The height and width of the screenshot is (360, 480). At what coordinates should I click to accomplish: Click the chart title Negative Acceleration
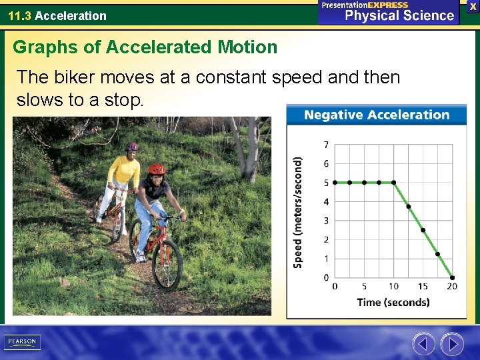click(x=377, y=115)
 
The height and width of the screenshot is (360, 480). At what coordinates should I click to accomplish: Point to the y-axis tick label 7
click(x=326, y=145)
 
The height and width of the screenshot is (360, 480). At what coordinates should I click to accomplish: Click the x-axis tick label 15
click(x=423, y=287)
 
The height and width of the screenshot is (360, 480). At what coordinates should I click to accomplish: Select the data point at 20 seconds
click(x=452, y=277)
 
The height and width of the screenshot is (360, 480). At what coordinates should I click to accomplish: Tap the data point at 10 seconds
click(x=393, y=182)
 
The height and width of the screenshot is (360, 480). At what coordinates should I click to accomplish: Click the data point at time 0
click(x=335, y=182)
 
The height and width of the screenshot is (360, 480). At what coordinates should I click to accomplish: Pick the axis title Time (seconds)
click(x=393, y=303)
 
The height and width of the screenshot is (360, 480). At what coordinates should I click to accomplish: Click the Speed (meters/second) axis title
click(x=298, y=212)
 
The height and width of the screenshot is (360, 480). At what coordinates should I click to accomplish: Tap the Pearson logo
click(x=22, y=342)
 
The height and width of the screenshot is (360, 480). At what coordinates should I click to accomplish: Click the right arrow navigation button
click(x=452, y=344)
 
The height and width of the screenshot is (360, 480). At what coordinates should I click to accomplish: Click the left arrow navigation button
click(x=423, y=344)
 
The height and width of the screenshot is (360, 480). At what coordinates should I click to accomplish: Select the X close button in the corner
click(x=473, y=5)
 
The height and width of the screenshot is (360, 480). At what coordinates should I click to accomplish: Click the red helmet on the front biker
click(x=156, y=169)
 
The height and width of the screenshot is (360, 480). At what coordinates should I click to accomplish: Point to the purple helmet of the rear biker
click(x=132, y=146)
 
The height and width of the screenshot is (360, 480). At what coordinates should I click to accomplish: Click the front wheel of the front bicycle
click(x=167, y=264)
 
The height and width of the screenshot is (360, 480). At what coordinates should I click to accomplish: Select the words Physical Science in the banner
click(x=399, y=15)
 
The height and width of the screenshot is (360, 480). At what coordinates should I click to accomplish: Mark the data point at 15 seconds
click(x=423, y=230)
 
